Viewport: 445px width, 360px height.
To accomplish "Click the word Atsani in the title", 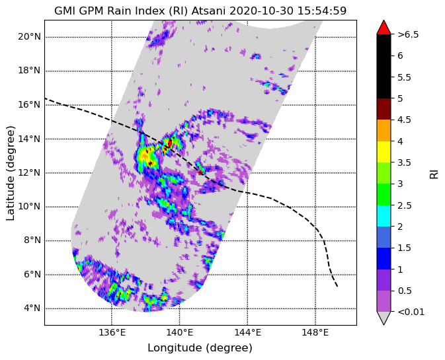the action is [x=208, y=11].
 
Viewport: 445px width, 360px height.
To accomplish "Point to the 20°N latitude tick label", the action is [x=29, y=36].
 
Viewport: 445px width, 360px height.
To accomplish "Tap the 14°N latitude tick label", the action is [x=29, y=139].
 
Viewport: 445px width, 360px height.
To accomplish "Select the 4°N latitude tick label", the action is [x=32, y=308].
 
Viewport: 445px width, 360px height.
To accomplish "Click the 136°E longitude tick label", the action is [x=112, y=332].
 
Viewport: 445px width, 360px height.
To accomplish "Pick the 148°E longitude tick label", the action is [x=315, y=332].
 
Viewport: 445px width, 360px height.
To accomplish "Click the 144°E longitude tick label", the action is [x=247, y=332].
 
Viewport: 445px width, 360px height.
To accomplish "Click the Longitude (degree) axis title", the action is [x=200, y=348].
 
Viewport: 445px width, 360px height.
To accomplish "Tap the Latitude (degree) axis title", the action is [x=10, y=173].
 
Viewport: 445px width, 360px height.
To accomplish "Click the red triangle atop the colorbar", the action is [x=384, y=27].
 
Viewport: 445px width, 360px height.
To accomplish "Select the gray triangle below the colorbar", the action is [x=384, y=318].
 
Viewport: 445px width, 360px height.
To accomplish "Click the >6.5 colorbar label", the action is [x=408, y=34].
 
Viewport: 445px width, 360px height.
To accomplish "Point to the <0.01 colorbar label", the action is [x=411, y=312].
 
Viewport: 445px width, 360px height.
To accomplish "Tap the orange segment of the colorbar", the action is [x=384, y=130].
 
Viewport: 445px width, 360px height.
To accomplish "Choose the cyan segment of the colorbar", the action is [x=384, y=216].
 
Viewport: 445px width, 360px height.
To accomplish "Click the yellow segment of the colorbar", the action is [x=384, y=152].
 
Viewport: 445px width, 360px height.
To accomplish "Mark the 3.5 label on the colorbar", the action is [x=404, y=162].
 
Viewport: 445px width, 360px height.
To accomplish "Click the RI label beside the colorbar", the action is [x=434, y=172].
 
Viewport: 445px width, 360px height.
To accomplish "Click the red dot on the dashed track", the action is [x=200, y=172].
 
